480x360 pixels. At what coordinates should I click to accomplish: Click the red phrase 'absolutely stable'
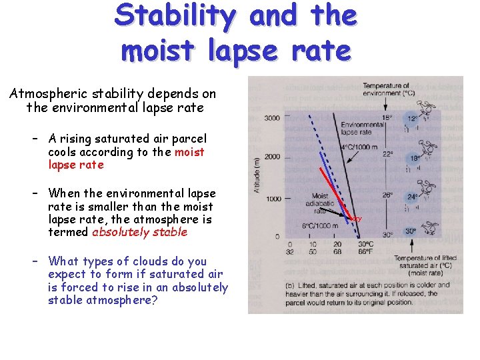coord(139,232)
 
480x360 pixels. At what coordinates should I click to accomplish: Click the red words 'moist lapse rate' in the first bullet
coord(127,158)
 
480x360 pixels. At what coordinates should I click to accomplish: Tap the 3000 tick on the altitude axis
coord(273,118)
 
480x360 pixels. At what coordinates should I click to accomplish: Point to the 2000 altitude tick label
coord(273,157)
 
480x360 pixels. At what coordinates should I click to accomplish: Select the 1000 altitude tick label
coord(273,198)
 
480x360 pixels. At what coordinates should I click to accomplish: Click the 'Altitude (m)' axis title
coord(257,176)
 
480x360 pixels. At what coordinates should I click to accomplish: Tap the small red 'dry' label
coord(357,218)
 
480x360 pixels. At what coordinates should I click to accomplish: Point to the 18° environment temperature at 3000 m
coord(387,118)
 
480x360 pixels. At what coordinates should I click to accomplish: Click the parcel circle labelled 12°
coord(413,119)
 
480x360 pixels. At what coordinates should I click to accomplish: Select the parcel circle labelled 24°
coord(413,197)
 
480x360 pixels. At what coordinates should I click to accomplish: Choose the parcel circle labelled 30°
coord(412,231)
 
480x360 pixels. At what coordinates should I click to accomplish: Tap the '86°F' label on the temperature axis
coord(366,252)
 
